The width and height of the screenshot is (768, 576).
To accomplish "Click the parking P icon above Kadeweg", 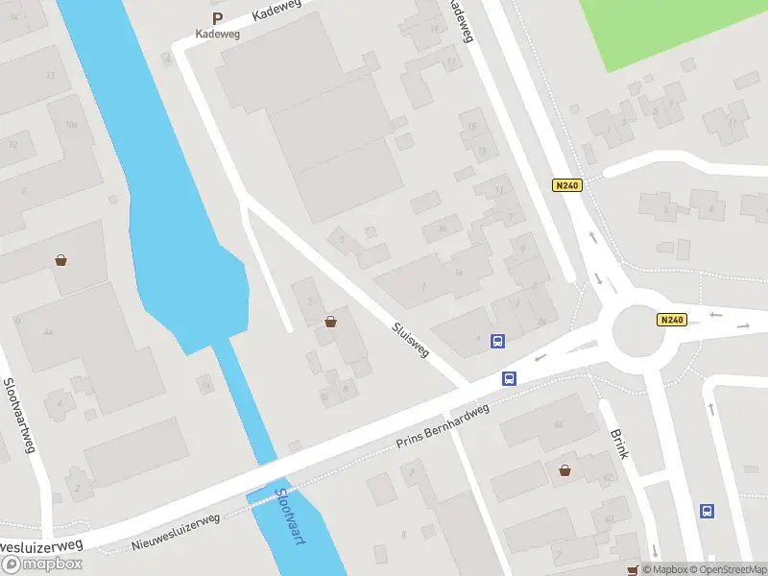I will coord(217,18).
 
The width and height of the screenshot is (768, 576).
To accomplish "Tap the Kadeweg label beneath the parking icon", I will coord(217,34).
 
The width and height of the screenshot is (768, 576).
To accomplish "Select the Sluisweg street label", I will coord(410,340).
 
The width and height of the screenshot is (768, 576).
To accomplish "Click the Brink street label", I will coord(619,443).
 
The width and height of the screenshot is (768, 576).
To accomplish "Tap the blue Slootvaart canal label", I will coord(289,518).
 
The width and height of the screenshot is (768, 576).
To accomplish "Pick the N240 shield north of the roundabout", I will coord(566,185).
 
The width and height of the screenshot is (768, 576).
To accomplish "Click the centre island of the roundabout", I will coord(638,330).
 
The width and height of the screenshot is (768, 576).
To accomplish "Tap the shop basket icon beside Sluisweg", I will coord(331,322).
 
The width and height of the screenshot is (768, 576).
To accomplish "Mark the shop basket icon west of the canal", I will coord(61,260).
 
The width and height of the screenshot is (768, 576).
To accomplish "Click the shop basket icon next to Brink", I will coord(565,469).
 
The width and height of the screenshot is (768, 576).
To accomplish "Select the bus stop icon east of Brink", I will coord(708,511).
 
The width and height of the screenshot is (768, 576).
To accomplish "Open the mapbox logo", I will coord(41,564).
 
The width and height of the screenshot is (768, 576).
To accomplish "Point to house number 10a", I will coord(70,125).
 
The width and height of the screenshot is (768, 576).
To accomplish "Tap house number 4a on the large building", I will coord(47,332).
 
